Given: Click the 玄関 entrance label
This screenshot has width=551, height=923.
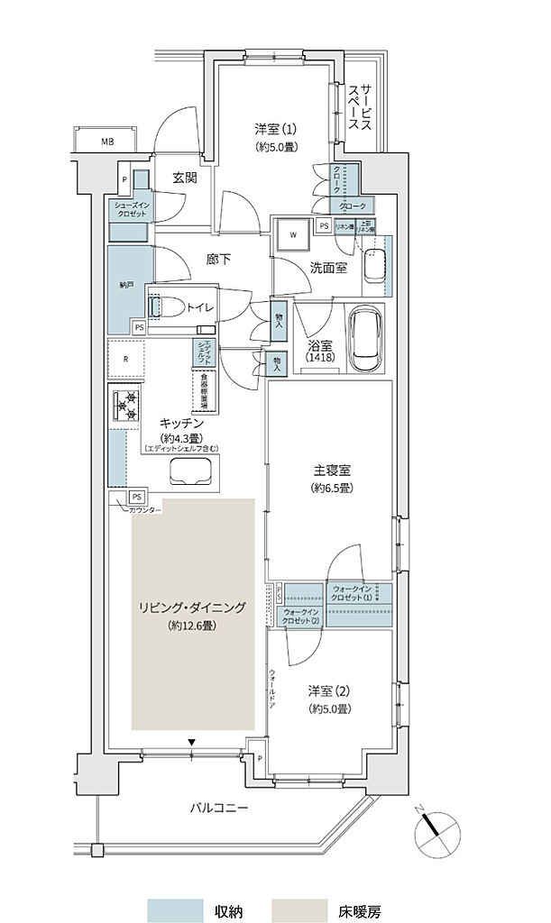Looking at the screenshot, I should pos(186,178).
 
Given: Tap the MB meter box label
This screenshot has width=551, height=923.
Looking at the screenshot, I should pos(106,142).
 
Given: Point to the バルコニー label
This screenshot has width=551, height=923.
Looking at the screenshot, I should pos(218,808).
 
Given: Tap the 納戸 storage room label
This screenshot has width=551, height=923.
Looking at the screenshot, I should pos(125,285).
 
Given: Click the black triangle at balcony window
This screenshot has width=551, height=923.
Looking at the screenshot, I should pos(192,743).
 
